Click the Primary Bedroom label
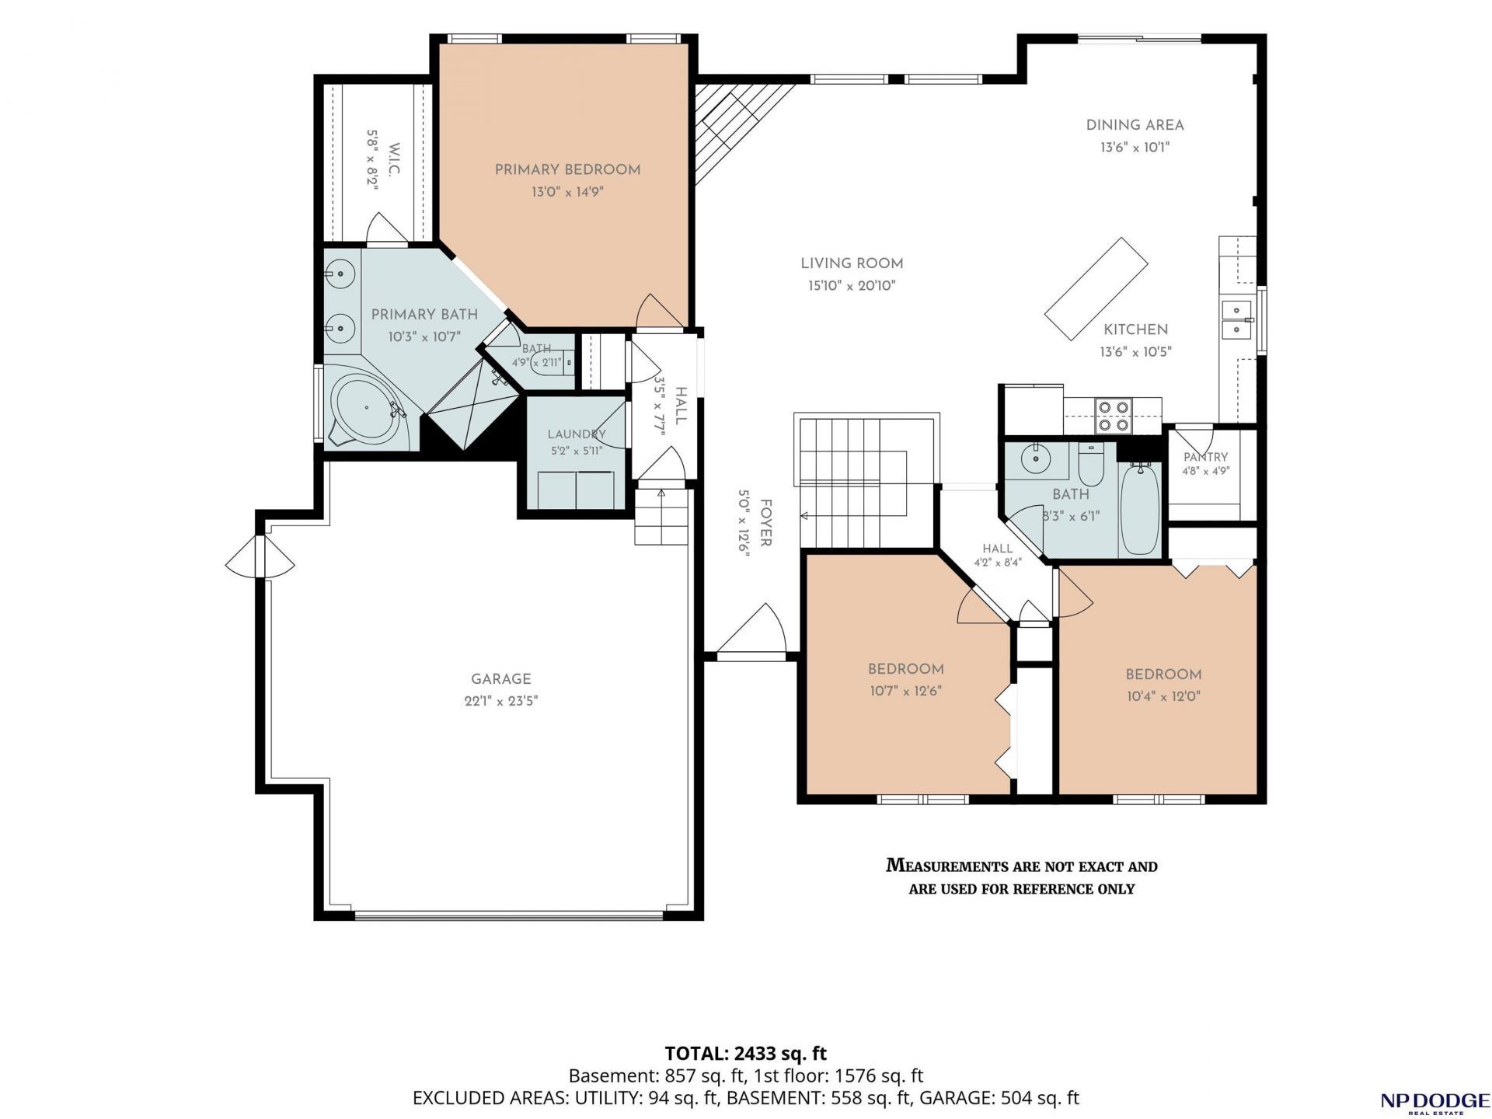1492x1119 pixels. (567, 170)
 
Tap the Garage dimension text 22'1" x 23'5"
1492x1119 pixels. (500, 701)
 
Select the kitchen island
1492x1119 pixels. (1096, 288)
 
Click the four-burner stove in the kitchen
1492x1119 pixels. (1114, 415)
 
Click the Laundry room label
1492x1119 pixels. (576, 434)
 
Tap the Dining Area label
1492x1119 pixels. (1135, 125)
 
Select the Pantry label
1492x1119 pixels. (1205, 457)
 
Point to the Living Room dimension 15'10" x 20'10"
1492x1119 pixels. (852, 286)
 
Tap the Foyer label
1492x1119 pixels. (765, 522)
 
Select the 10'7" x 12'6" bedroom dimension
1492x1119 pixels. (905, 691)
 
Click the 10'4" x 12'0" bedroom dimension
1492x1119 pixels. (1163, 696)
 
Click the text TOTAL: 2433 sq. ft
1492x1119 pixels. (745, 1054)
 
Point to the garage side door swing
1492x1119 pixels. (260, 557)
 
